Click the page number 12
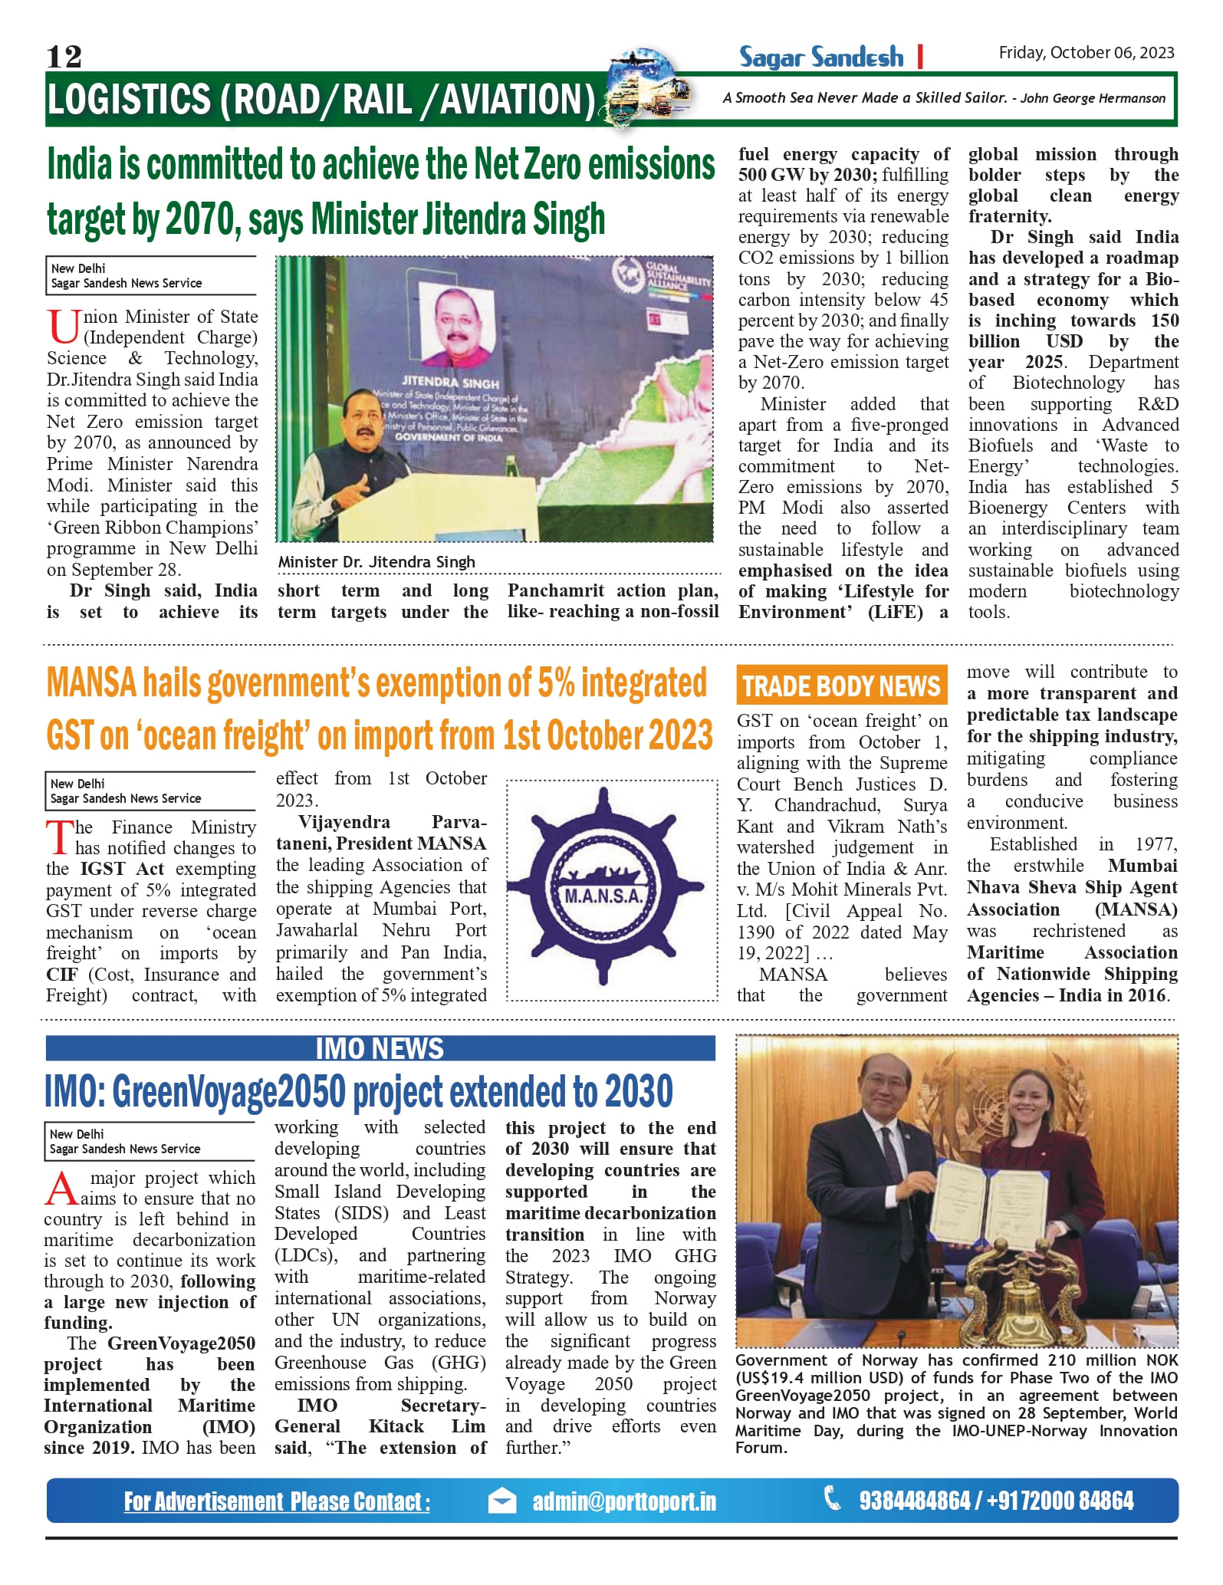click(x=64, y=57)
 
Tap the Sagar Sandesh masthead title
click(x=821, y=57)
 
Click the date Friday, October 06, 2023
click(x=1086, y=52)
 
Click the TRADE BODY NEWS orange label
click(x=841, y=686)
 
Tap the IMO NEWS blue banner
click(x=380, y=1048)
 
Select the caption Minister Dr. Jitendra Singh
click(x=376, y=562)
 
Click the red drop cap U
click(x=63, y=327)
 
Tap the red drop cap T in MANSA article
click(x=59, y=837)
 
